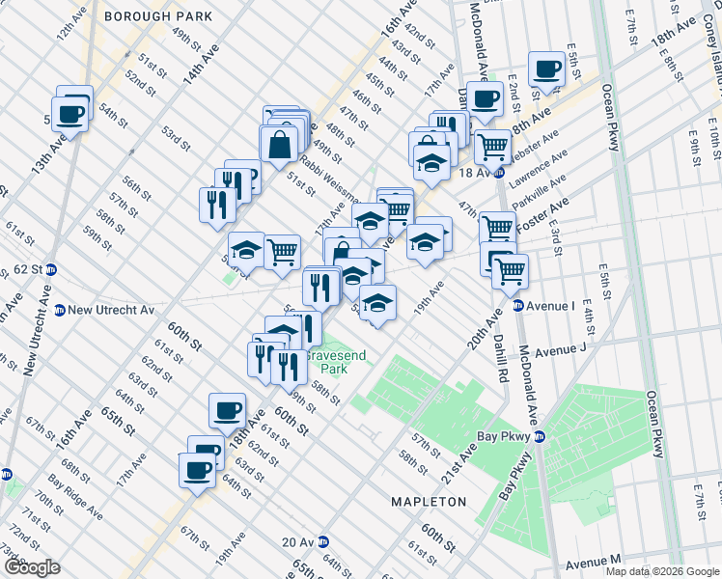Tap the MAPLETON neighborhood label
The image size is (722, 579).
(428, 502)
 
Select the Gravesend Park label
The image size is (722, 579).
(336, 362)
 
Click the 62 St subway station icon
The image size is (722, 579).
(52, 269)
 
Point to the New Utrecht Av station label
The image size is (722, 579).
(111, 310)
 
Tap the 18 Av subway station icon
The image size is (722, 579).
(499, 173)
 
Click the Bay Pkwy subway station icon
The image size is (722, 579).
(540, 436)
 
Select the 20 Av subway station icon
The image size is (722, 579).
(323, 542)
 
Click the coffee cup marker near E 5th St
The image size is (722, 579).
(546, 69)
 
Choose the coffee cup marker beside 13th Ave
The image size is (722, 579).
(71, 112)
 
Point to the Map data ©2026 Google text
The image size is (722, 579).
(662, 570)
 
